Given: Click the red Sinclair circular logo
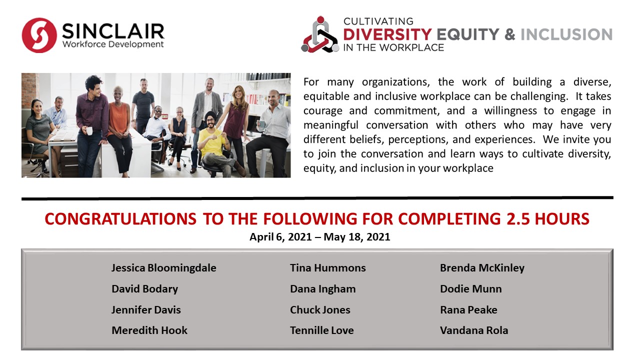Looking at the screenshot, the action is pyautogui.click(x=39, y=35).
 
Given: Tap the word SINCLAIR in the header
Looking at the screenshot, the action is pyautogui.click(x=113, y=31).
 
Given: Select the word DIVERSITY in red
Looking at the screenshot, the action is pyautogui.click(x=387, y=34).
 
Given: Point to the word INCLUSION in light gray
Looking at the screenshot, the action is pyautogui.click(x=566, y=34).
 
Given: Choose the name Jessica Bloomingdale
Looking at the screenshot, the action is pyautogui.click(x=163, y=268).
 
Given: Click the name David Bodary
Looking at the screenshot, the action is pyautogui.click(x=144, y=289).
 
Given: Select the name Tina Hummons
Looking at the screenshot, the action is pyautogui.click(x=327, y=268).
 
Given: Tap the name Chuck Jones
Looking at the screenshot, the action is pyautogui.click(x=320, y=309).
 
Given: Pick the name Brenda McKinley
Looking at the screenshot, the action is pyautogui.click(x=482, y=268).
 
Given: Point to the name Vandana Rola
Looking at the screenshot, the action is pyautogui.click(x=474, y=330).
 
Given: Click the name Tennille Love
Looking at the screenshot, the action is pyautogui.click(x=321, y=330).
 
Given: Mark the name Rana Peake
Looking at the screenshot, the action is pyautogui.click(x=468, y=309).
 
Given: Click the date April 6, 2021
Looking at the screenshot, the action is pyautogui.click(x=280, y=237).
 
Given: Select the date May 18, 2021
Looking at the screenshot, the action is pyautogui.click(x=357, y=237).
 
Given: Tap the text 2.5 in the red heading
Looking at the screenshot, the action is pyautogui.click(x=518, y=219).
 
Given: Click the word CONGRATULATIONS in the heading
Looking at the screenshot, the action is pyautogui.click(x=120, y=219).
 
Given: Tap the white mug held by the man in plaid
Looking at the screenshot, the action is pyautogui.click(x=89, y=131).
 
